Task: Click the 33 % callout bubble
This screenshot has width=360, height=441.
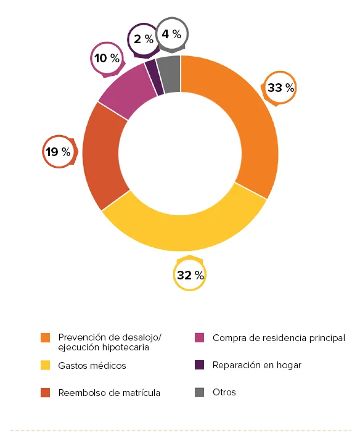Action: tap(280, 88)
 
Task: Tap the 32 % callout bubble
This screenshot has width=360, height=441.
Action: tap(190, 275)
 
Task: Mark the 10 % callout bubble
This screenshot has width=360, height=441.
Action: tap(107, 59)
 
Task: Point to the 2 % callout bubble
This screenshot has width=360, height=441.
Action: tap(142, 39)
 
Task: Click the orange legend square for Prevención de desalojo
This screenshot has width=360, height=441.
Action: tap(45, 338)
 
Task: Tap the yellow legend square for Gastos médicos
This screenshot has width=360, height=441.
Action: tap(45, 366)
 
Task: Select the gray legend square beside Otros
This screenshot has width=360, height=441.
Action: tap(199, 392)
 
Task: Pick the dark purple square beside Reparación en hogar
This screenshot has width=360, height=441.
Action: tap(199, 365)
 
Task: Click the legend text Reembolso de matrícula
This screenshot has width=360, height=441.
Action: tap(109, 393)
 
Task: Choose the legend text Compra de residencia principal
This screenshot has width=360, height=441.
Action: tap(279, 338)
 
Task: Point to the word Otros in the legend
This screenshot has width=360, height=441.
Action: tap(224, 392)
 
